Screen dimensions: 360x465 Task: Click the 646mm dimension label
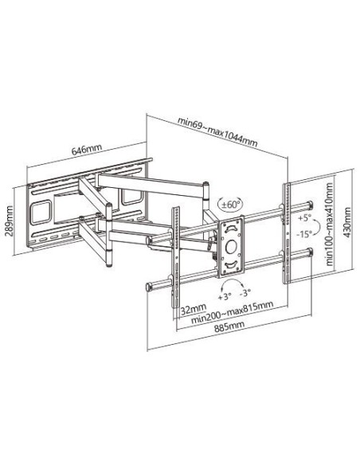87,150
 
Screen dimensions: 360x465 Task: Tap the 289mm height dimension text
10,221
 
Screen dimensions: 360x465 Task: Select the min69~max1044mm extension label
217,132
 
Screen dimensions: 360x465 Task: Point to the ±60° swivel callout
231,205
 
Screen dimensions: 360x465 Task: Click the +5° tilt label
303,218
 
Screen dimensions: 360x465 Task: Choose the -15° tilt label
304,234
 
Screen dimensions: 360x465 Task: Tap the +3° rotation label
225,296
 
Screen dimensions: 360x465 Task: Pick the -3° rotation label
245,293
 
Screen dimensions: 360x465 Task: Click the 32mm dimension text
194,310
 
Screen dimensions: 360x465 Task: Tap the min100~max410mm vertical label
330,225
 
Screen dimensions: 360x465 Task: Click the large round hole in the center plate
231,247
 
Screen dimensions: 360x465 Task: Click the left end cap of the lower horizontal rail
149,287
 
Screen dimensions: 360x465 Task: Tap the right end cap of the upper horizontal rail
310,205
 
